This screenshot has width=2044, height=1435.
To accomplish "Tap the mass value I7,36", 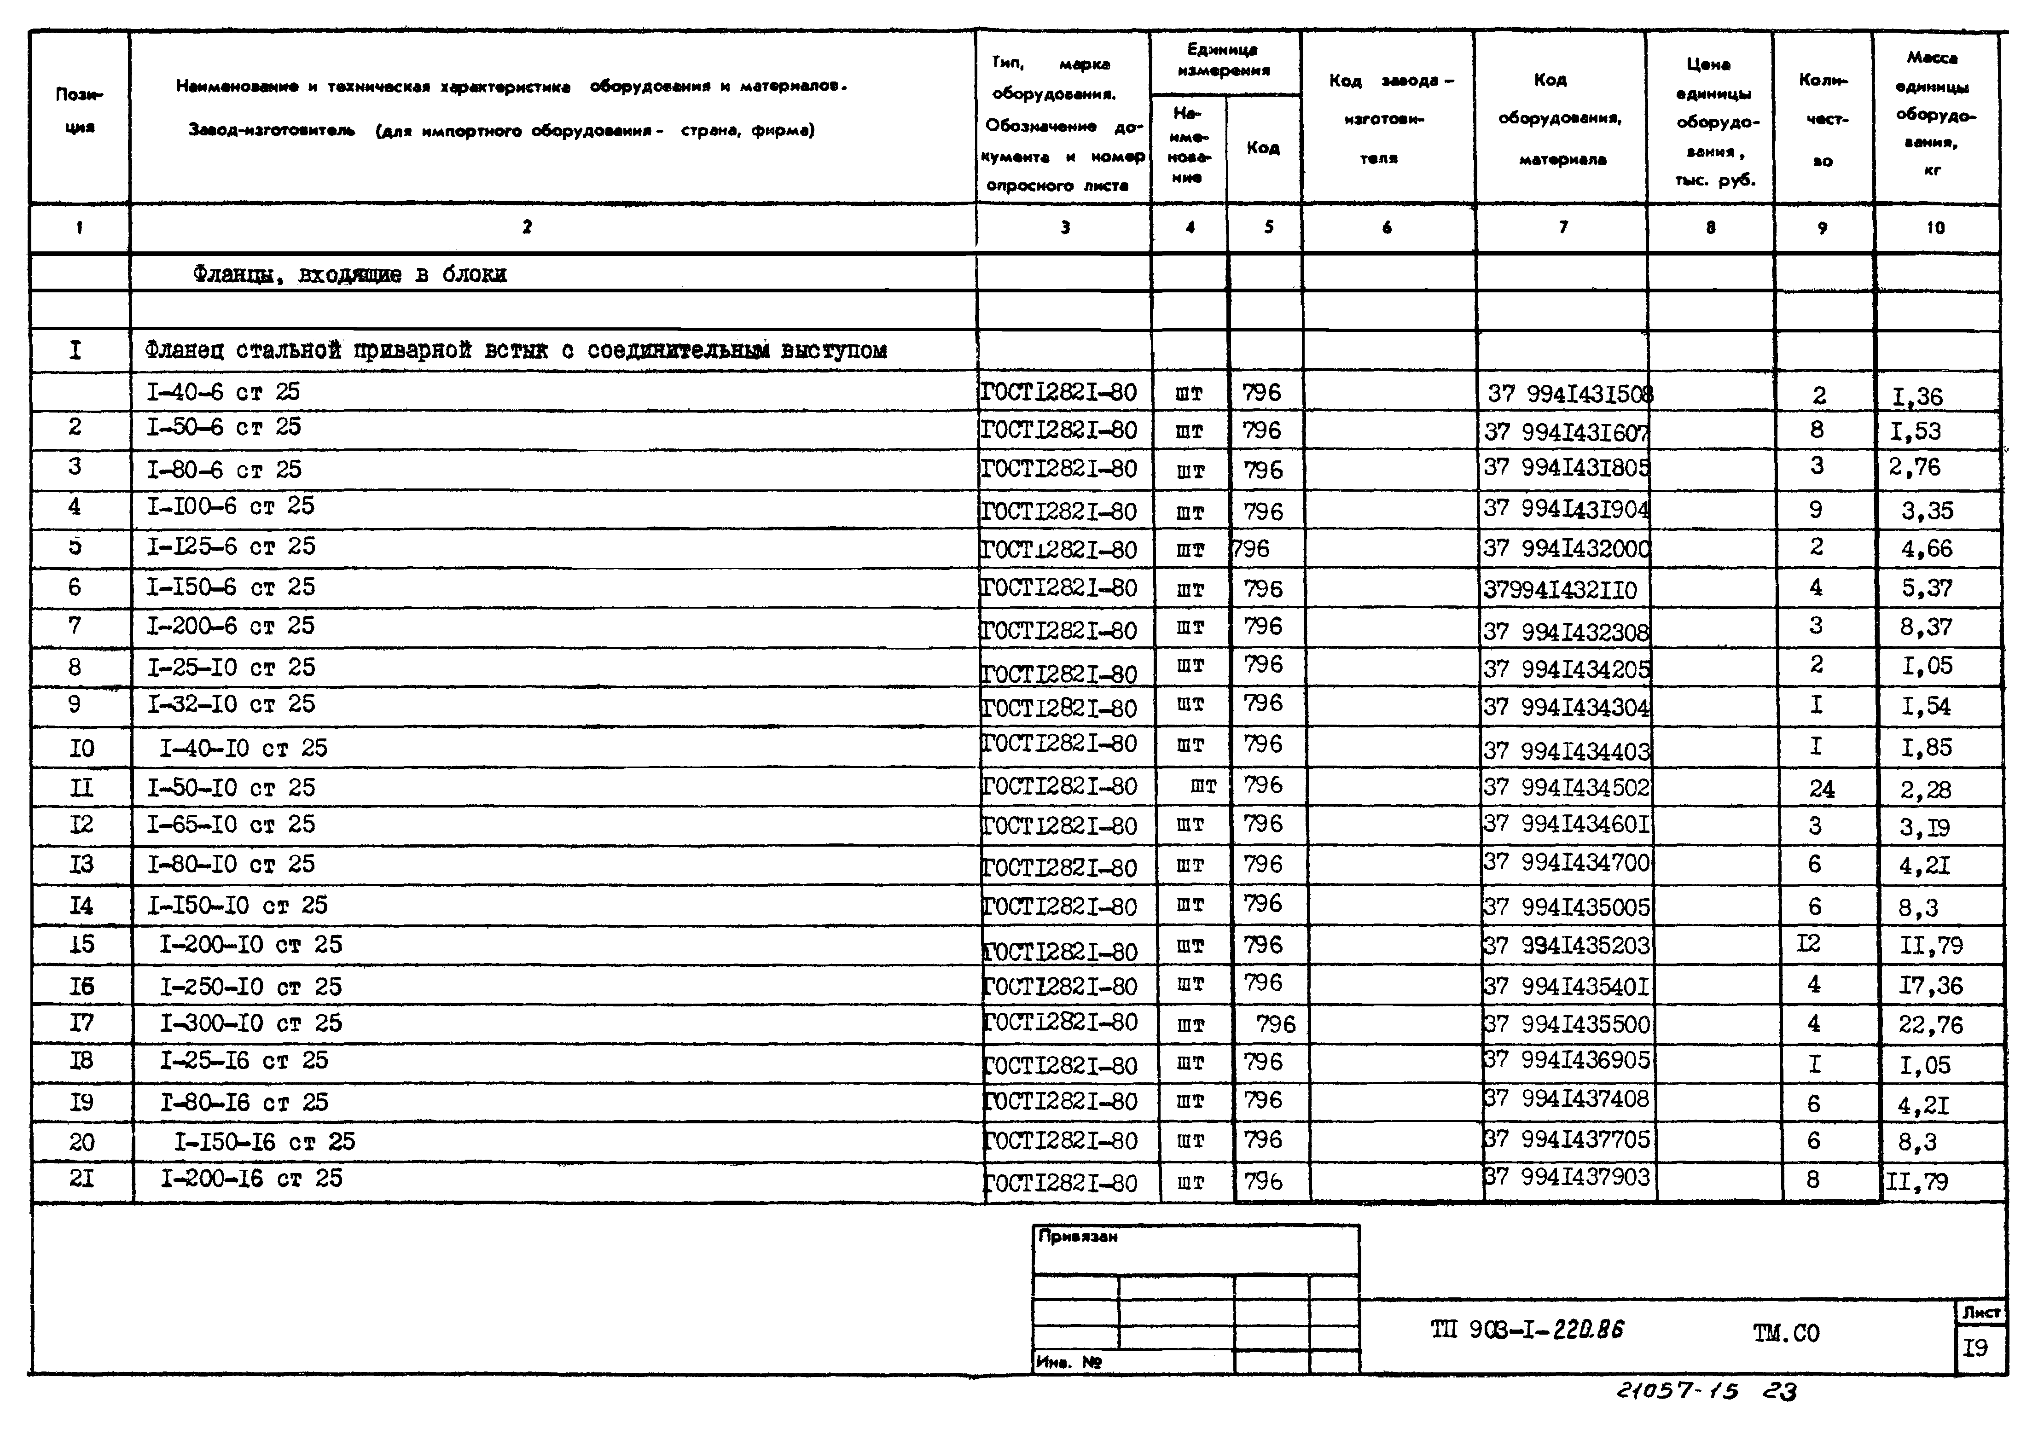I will point(1930,986).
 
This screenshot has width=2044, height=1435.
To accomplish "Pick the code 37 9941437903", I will point(1567,1178).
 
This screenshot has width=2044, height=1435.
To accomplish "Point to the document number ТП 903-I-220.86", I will point(1527,1330).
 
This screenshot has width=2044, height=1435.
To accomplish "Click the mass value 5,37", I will point(1927,588).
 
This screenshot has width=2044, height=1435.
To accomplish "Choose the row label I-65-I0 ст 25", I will point(231,825).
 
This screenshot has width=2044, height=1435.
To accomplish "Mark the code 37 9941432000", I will point(1567,549).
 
